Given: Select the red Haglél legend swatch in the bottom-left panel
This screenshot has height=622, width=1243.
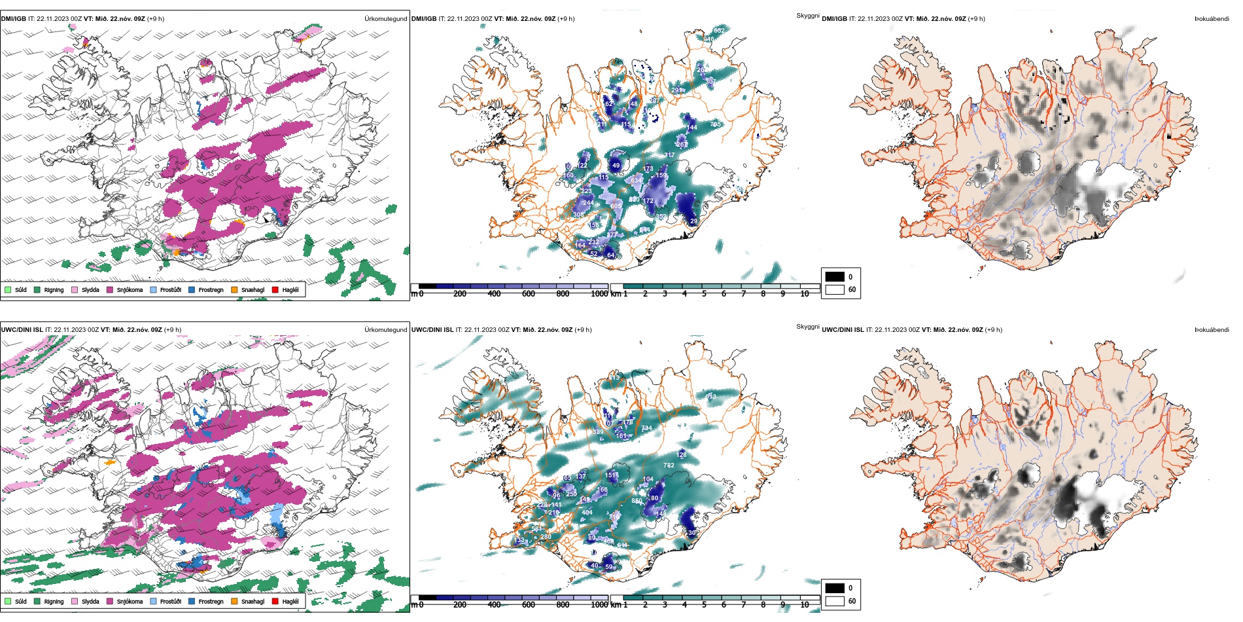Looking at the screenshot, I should point(275,601).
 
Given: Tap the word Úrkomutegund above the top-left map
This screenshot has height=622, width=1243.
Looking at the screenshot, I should point(385,19).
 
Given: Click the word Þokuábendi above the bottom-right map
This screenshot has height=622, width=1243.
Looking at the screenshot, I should point(1212,330).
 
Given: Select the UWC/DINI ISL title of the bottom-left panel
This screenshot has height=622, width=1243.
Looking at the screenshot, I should point(22,330).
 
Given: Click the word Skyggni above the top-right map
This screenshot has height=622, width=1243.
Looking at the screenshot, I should point(807,16).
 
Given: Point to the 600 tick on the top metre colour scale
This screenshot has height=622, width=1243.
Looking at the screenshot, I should point(529,294).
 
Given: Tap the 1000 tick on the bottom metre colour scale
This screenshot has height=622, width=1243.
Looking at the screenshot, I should point(599,605).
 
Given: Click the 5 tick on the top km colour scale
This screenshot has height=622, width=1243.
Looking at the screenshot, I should point(704,294).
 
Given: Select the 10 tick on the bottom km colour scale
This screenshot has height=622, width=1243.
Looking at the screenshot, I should point(804,605).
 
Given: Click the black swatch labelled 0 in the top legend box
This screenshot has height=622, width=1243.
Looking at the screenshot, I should point(835,277).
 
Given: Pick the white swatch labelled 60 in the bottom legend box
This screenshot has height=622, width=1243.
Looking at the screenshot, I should point(835,601).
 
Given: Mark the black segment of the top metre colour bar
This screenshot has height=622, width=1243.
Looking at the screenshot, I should point(427,286).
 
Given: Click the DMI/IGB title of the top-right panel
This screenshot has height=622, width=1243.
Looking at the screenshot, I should point(834,19).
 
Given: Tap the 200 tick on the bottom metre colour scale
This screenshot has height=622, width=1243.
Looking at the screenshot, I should point(460,605).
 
